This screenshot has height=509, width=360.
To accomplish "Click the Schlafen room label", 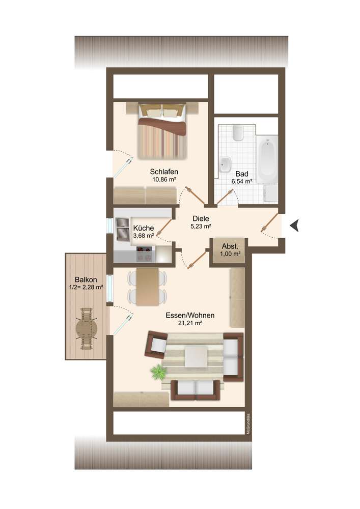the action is (164, 172).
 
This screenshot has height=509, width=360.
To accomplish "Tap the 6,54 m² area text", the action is (242, 182).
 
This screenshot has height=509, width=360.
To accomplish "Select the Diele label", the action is (201, 218).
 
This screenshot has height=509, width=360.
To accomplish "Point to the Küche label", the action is (144, 228).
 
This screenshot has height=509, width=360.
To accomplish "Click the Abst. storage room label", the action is (230, 246).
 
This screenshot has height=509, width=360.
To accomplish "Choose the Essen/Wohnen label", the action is (190, 315).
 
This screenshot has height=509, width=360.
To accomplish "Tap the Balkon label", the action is (86, 279).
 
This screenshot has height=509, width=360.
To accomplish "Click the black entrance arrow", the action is (294, 225).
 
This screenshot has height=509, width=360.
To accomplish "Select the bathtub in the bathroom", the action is (267, 160).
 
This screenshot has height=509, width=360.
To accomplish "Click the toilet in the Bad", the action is (238, 133).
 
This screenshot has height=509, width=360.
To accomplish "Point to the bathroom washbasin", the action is (225, 164).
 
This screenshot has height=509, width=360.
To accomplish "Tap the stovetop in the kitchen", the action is (145, 253).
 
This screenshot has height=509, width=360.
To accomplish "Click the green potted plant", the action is (159, 371).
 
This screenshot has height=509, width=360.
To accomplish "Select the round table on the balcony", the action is (87, 329).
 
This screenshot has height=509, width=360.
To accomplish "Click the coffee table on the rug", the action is (196, 356).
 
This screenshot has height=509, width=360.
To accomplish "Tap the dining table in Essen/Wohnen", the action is (147, 287).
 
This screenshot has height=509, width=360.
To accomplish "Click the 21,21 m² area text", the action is (190, 323).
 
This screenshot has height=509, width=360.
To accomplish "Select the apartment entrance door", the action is (270, 223).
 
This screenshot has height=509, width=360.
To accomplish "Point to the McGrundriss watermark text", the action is (248, 423).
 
